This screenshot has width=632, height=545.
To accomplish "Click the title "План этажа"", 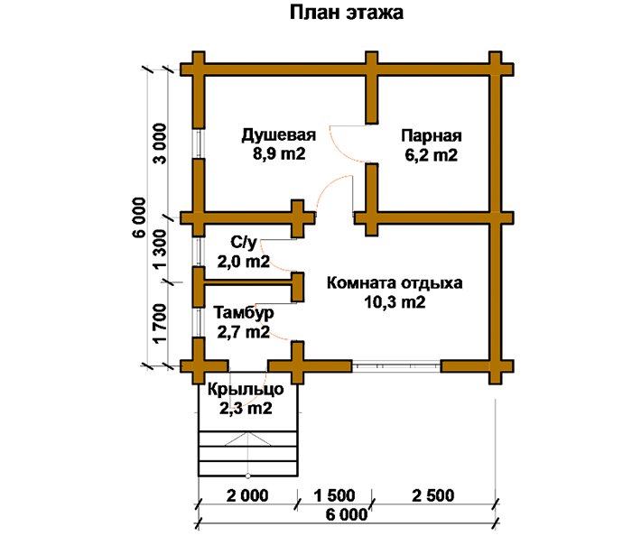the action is tap(346, 13).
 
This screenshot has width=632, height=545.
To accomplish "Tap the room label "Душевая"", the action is tap(278, 135).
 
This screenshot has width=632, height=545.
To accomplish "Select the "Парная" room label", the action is tap(432, 136).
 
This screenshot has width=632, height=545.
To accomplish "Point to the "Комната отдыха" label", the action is tap(395, 283).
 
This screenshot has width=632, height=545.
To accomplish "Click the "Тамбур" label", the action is tap(244, 313).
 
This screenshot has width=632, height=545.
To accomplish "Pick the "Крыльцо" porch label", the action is tap(246, 390).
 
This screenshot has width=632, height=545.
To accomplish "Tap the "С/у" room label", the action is tap(244, 243).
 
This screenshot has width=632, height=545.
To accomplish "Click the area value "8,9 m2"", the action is tap(279, 154).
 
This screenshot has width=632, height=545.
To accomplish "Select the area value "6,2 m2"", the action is tap(432, 155).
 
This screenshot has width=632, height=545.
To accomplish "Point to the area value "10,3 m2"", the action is tap(395, 302).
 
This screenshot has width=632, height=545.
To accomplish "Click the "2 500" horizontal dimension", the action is tap(432, 495).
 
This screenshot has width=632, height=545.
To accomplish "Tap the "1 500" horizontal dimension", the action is tap(335, 495).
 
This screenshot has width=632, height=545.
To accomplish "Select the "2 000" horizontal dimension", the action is tap(247, 495).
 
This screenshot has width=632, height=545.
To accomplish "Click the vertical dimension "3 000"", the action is tap(160, 143).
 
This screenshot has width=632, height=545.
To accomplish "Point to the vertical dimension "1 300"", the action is tap(160, 249).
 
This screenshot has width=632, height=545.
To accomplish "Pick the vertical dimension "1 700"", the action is tap(160, 323).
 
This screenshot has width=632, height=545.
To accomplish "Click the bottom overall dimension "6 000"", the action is tap(347, 514).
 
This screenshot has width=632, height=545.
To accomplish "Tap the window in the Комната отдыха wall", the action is tap(395, 366).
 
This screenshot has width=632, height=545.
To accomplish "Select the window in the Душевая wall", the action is tap(199, 143).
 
